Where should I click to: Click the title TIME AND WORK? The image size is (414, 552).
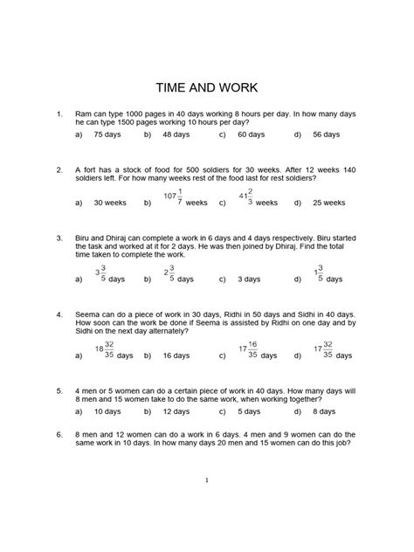point(206,87)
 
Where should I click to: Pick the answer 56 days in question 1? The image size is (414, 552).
point(327,135)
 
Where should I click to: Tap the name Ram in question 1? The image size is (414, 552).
point(84,114)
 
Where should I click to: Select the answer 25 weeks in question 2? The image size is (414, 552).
point(329,203)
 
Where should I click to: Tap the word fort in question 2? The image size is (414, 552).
point(93,170)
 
